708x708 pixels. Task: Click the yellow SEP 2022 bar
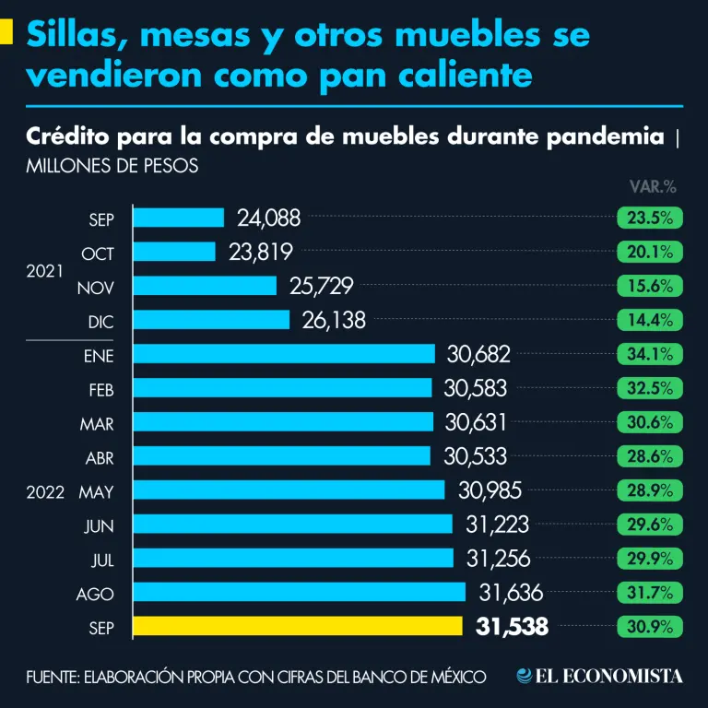click(x=298, y=626)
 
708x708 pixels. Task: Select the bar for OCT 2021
click(x=175, y=252)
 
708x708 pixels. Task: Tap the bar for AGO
click(x=300, y=592)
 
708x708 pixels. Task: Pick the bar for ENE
click(x=284, y=354)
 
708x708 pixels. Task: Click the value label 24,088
click(x=269, y=218)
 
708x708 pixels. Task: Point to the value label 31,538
click(x=513, y=627)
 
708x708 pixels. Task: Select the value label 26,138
click(x=334, y=320)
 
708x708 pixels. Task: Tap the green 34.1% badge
click(x=650, y=354)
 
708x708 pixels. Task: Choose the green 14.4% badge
click(x=650, y=320)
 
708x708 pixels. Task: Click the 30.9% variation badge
click(x=650, y=627)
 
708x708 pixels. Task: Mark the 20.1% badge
click(x=650, y=252)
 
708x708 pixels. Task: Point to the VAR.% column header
click(x=653, y=186)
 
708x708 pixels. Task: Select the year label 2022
click(x=44, y=491)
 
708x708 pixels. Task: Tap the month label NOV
click(x=96, y=287)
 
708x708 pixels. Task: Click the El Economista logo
click(x=600, y=676)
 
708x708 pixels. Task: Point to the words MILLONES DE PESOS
click(x=112, y=168)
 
